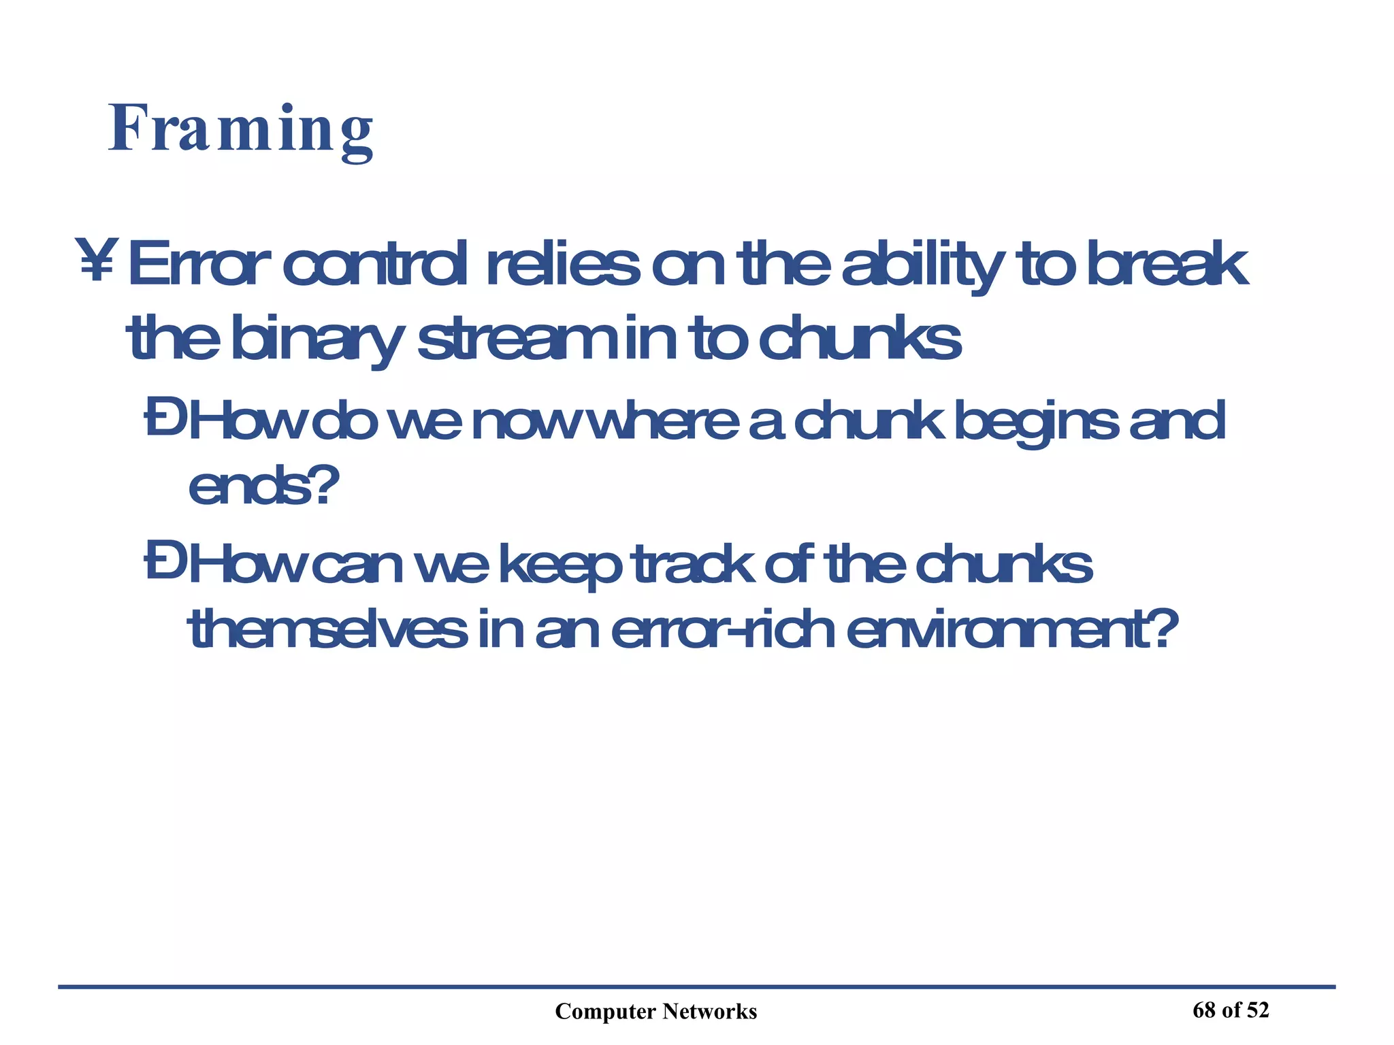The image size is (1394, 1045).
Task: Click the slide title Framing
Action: point(240,129)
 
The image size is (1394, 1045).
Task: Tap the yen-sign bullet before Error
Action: point(95,261)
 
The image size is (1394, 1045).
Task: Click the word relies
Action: point(562,265)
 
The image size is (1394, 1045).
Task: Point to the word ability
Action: point(923,266)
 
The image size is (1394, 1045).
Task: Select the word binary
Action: point(317,340)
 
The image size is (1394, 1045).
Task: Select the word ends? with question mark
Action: point(263,487)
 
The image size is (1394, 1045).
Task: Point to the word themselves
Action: point(327,630)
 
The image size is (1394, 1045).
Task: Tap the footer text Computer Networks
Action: point(655,1012)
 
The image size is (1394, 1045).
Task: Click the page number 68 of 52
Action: point(1231,1010)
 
